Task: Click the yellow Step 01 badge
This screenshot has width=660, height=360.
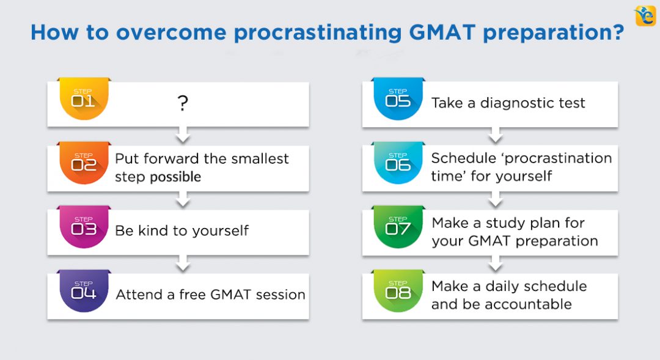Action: click(84, 99)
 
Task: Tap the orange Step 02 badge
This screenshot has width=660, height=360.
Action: click(84, 164)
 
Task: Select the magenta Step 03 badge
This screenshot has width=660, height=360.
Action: click(84, 227)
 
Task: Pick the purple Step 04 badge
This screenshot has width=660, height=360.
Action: click(84, 292)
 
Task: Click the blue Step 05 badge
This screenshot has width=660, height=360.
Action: click(398, 99)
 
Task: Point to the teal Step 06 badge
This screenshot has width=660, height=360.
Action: click(398, 163)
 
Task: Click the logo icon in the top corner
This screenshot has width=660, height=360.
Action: click(645, 15)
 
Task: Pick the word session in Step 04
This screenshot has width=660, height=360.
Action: click(280, 295)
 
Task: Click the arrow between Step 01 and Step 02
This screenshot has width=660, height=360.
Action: click(182, 134)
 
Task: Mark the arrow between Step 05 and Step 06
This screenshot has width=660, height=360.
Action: click(496, 135)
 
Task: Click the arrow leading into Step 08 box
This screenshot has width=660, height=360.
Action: click(496, 263)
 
